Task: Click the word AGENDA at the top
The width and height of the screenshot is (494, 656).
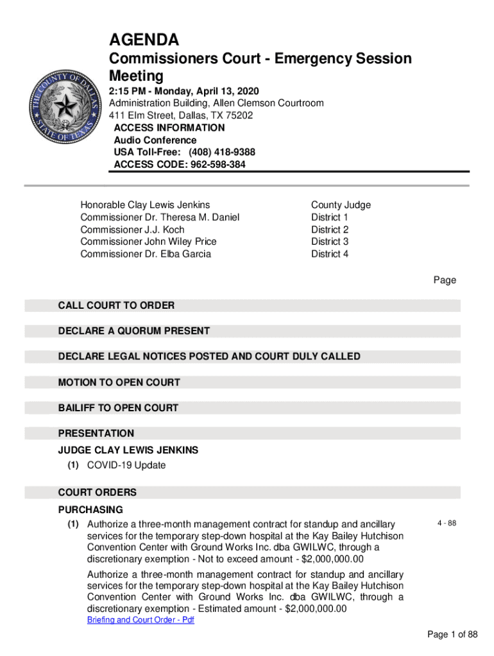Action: pyautogui.click(x=144, y=40)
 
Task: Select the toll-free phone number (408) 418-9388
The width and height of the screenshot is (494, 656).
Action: pyautogui.click(x=221, y=152)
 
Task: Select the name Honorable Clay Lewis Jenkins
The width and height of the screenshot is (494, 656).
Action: pyautogui.click(x=145, y=205)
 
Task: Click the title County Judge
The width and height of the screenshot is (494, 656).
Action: pyautogui.click(x=341, y=205)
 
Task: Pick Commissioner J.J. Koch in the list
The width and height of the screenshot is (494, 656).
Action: pyautogui.click(x=132, y=229)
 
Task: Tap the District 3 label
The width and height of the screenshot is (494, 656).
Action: pyautogui.click(x=330, y=242)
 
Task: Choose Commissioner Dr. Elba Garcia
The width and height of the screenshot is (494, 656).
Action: pyautogui.click(x=146, y=254)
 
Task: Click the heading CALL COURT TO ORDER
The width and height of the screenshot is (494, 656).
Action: pyautogui.click(x=116, y=306)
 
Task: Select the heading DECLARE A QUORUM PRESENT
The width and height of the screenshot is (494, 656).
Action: pyautogui.click(x=134, y=331)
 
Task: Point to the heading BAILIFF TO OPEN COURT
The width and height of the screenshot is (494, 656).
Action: pyautogui.click(x=118, y=408)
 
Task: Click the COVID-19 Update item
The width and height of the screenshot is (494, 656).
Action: pyautogui.click(x=126, y=465)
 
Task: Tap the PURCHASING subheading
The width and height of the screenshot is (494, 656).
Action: pyautogui.click(x=90, y=510)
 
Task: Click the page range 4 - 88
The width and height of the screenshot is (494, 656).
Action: pyautogui.click(x=447, y=523)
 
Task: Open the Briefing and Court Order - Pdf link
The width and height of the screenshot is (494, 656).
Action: pyautogui.click(x=141, y=621)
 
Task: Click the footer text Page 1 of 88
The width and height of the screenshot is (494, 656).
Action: pyautogui.click(x=453, y=635)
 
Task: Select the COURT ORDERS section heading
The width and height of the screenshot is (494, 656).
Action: pyautogui.click(x=98, y=493)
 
